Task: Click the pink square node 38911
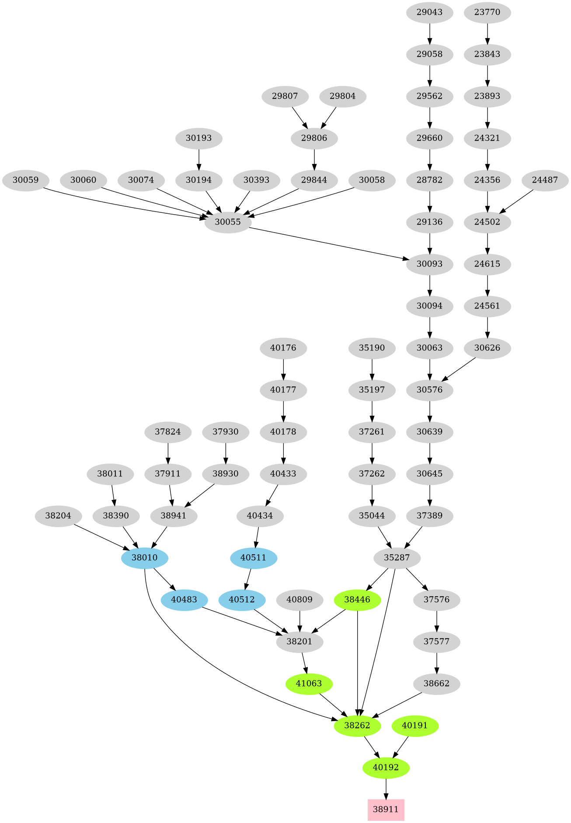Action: point(386,809)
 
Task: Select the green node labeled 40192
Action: point(386,767)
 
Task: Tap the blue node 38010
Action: point(145,558)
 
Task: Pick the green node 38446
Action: point(357,600)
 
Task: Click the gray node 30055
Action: point(228,222)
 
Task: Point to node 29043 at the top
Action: point(429,12)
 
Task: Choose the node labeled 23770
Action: point(487,12)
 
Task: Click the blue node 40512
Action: point(242,600)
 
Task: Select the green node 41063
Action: point(309,684)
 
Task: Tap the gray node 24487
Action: point(545,180)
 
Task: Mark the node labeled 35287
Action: point(397,558)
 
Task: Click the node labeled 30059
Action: point(25,180)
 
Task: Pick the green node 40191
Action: point(415,726)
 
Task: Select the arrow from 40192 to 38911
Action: point(386,788)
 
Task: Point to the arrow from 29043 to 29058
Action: point(429,33)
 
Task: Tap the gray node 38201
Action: point(299,642)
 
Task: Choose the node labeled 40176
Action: point(283,348)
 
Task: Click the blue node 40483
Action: point(184,600)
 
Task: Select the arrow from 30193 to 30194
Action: point(199,159)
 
